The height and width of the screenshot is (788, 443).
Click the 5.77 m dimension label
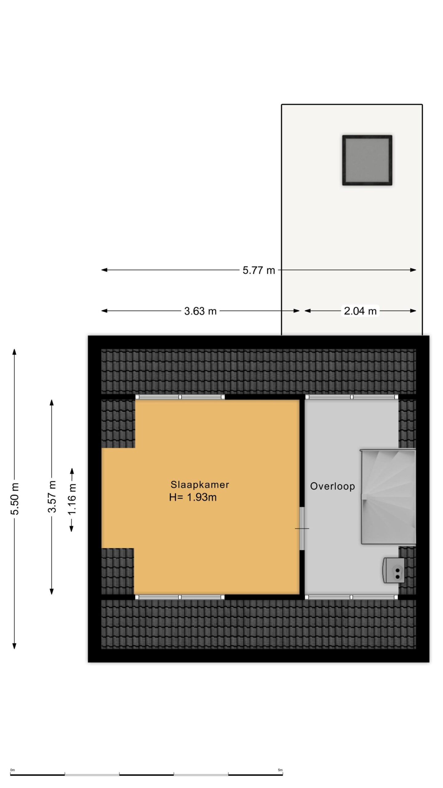258,270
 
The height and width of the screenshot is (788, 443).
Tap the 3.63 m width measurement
200,311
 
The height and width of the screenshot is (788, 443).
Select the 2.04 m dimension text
360,311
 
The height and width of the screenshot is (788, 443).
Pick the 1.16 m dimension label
72,499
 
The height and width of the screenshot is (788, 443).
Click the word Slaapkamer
200,484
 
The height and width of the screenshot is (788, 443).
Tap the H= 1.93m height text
193,497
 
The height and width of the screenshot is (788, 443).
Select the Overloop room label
332,486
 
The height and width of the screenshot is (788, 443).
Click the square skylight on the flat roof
367,160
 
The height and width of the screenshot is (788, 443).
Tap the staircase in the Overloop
388,497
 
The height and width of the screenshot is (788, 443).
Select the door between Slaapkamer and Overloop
302,528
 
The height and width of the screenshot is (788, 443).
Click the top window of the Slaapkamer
180,397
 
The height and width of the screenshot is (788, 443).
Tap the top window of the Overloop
352,397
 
